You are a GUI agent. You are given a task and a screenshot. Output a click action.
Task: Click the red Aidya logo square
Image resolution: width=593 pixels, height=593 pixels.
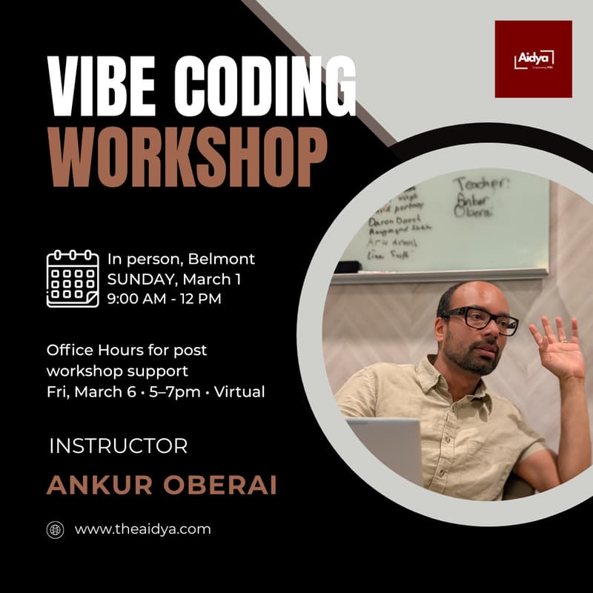533,59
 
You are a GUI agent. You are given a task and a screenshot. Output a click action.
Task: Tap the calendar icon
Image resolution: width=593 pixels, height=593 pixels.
72,279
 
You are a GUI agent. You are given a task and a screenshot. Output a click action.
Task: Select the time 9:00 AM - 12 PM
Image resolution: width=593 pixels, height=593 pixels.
164,299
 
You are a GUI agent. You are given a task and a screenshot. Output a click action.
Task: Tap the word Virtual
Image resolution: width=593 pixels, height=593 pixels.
239,391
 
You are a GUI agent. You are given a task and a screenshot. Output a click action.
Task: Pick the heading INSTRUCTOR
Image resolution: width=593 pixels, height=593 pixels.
118,446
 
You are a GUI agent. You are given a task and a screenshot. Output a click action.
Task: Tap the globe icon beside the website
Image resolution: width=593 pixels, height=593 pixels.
56,529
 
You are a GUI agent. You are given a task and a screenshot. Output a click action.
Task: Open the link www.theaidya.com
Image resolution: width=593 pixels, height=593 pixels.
143,529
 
